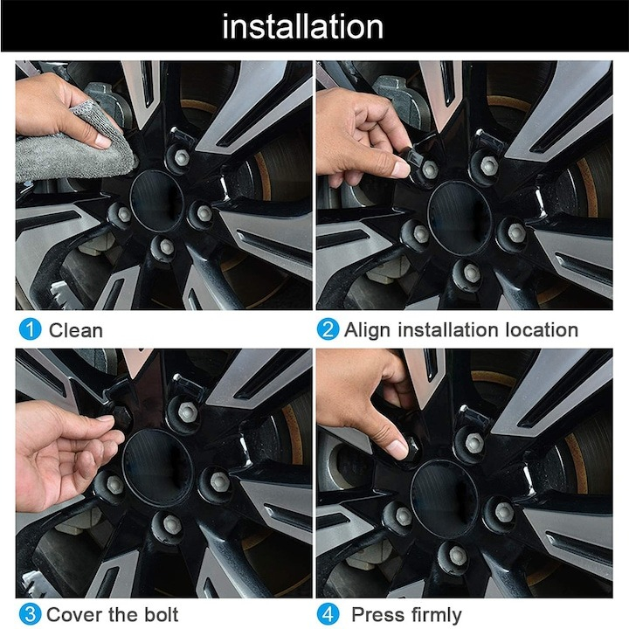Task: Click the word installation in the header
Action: click(302, 26)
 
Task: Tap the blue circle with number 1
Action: click(31, 330)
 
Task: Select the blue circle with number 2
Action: click(328, 330)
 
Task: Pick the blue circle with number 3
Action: click(31, 614)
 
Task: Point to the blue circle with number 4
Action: click(328, 614)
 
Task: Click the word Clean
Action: click(76, 330)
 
